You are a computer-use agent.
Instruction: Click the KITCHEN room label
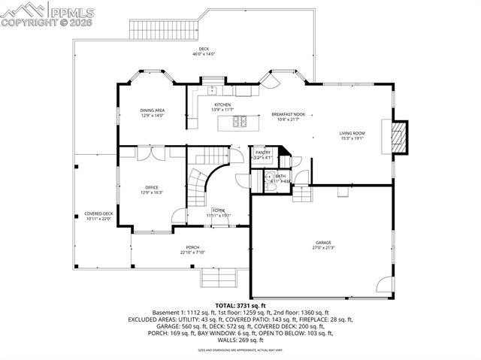222,104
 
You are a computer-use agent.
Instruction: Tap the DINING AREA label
153,110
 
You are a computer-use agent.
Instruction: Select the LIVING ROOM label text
352,133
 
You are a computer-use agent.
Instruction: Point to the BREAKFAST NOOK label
287,114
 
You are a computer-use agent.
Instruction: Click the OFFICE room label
152,187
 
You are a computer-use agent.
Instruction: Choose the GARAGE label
323,243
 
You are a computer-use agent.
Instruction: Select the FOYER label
218,210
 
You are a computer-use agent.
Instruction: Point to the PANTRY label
262,152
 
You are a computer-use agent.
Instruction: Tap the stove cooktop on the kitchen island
240,122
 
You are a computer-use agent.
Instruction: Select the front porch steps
220,278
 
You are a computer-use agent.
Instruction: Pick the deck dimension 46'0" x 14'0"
203,54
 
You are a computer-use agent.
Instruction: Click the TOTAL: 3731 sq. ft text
240,305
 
